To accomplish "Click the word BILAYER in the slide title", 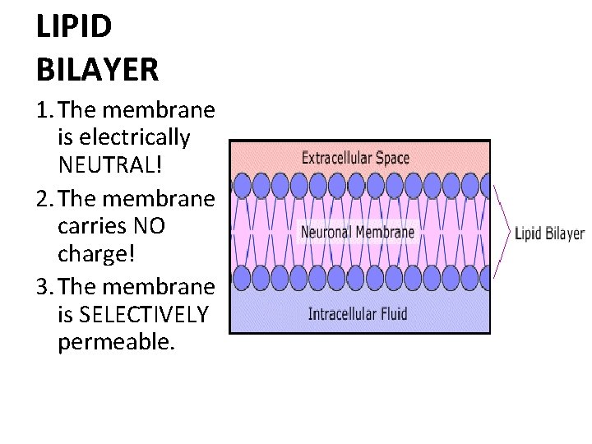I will click(x=97, y=69).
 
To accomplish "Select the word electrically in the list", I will click(x=123, y=137).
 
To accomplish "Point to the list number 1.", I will click(x=43, y=109).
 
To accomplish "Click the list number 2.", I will click(x=43, y=198).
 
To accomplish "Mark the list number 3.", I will click(x=43, y=286).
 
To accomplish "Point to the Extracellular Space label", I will click(x=355, y=158).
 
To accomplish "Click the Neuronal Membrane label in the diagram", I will click(x=358, y=232).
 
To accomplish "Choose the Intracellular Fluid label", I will click(x=358, y=313).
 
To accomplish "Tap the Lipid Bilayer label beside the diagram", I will click(x=549, y=234).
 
